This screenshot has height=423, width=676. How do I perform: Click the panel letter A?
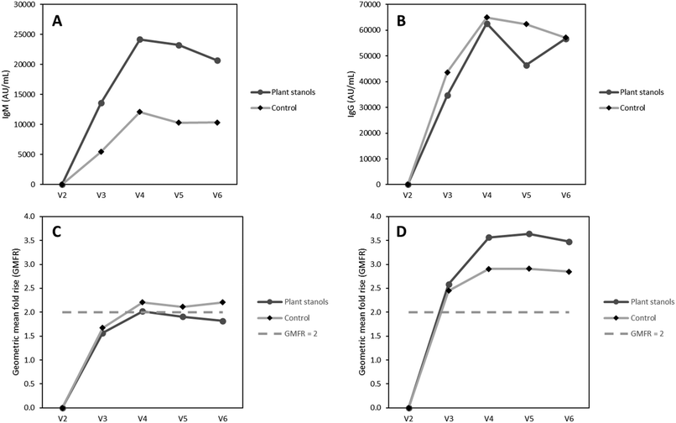[x=57, y=21]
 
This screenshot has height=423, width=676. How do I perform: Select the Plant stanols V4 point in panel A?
[x=140, y=39]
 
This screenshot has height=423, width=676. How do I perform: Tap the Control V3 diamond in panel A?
[x=101, y=152]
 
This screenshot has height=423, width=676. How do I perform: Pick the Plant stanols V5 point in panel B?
[x=527, y=65]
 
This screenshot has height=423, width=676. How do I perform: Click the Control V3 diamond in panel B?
[x=448, y=72]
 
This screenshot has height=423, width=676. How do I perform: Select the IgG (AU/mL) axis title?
[x=351, y=94]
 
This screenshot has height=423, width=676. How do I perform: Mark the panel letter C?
[x=57, y=232]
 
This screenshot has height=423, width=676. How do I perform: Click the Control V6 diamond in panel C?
[x=222, y=302]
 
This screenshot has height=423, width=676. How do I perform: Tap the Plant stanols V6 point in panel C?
[x=222, y=321]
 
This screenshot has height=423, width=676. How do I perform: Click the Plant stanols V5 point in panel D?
[x=529, y=234]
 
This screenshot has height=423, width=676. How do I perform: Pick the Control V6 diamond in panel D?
[x=569, y=271]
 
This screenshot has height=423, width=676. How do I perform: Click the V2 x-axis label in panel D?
[x=408, y=418]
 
